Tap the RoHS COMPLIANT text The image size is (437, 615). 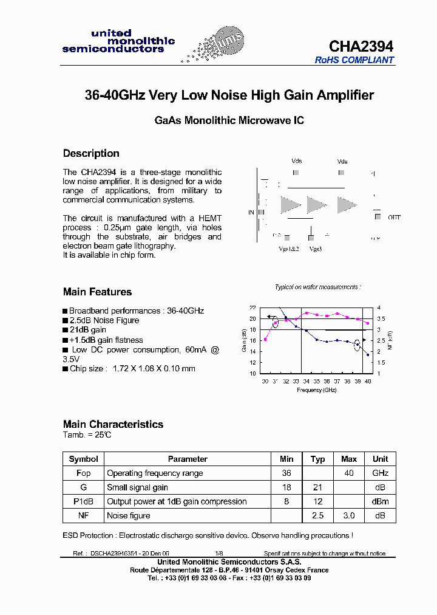pos(354,60)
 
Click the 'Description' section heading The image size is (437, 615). pos(91,153)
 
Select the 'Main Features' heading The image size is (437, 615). pos(97,292)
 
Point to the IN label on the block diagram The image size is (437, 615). pos(251,212)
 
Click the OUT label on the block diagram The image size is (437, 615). pos(395,217)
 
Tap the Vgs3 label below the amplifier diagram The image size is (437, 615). pos(315,249)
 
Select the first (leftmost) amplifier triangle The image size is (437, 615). pos(290,205)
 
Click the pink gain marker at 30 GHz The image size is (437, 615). pos(265,339)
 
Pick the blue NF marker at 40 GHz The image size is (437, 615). pos(368,354)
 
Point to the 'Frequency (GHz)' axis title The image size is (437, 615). pos(317,390)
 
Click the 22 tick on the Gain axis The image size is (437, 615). pos(252,308)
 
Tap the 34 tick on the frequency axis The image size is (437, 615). pos(307,381)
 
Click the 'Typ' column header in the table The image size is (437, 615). pos(317,459)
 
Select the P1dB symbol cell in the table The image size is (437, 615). pos(84,501)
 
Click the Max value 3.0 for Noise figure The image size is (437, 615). pos(348,515)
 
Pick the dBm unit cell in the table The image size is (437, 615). pos(380,501)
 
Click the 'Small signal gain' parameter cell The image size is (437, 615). pos(138,487)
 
